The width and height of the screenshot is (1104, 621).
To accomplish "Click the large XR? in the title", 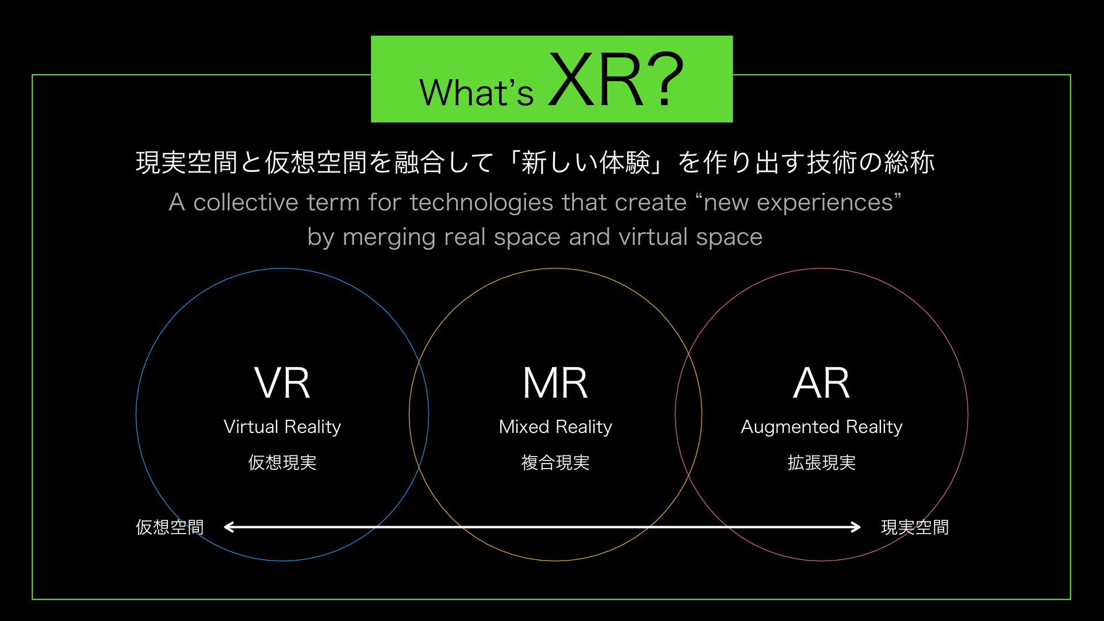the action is pos(615,80).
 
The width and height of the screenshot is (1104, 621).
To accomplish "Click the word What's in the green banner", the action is pos(477,92).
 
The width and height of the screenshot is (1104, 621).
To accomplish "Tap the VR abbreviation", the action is pos(282,383).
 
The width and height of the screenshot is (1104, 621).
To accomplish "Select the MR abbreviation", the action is pos(555,383).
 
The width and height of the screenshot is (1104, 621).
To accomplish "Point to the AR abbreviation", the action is pos(821,383).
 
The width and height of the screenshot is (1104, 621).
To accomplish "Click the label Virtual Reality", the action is pos(282,427).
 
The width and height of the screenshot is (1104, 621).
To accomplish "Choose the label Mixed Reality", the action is pos(555,427).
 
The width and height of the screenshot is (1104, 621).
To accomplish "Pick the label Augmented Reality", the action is pos(821,427).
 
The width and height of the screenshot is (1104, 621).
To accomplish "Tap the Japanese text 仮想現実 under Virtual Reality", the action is pos(282,462).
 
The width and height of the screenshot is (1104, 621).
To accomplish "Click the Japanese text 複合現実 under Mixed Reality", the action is pos(555,462).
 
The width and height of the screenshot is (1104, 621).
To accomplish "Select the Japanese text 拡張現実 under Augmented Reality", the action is pos(821,462).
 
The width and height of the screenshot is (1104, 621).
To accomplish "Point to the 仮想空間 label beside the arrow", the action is pos(170,527).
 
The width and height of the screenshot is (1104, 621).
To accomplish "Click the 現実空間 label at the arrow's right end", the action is pos(915,527).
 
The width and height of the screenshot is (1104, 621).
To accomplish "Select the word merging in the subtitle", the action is pos(388,237).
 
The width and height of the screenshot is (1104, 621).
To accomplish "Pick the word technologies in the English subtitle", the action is pos(482,202).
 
